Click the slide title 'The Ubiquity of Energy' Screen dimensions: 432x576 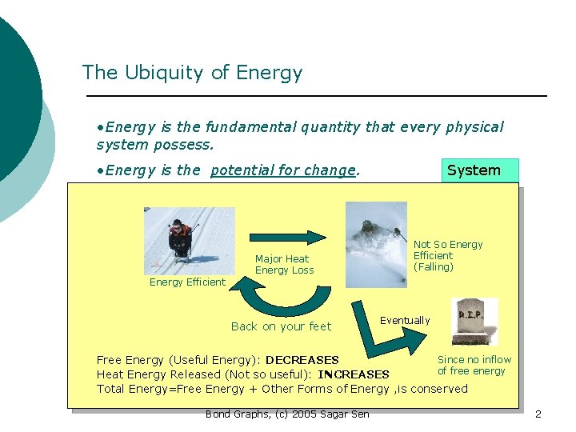[x=192, y=73]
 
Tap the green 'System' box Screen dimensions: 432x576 [x=480, y=170]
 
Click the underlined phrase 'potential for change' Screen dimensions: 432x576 [x=282, y=170]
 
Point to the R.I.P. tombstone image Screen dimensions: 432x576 [x=474, y=321]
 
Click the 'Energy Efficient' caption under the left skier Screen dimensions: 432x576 [x=187, y=282]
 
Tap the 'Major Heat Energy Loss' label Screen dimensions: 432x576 [x=284, y=265]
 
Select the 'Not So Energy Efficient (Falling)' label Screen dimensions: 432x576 [x=447, y=256]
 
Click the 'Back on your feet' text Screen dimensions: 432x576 [x=280, y=326]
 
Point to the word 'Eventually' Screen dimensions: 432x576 [x=405, y=321]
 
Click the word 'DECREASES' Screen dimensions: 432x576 [x=302, y=361]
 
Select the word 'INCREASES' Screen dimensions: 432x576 [x=353, y=374]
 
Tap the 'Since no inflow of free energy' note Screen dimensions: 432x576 [x=474, y=366]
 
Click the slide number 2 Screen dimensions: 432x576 [x=538, y=414]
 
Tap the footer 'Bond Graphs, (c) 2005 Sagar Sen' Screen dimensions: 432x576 [x=287, y=414]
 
